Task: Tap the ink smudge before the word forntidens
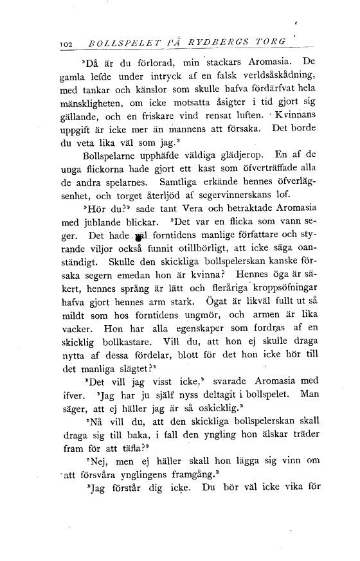(x=137, y=252)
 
